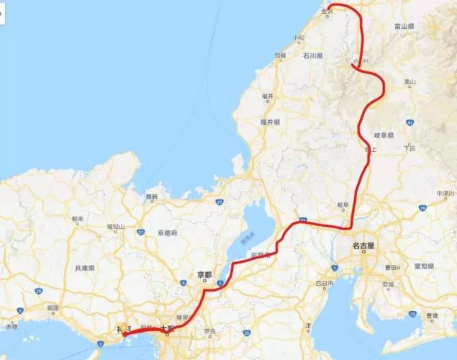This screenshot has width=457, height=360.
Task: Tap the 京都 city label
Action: coord(204,274)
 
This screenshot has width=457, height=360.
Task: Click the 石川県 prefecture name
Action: coord(312,55)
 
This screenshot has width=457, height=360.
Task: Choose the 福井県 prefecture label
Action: coord(271,122)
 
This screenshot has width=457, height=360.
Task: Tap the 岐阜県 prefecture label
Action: coord(386,135)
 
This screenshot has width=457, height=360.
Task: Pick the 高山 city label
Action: coord(410,82)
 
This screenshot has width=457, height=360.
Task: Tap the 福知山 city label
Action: coord(116,226)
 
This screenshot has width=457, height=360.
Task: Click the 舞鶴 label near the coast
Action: coord(151,196)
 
